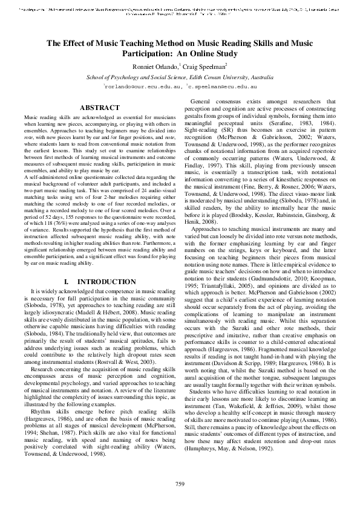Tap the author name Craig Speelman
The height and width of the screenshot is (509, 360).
click(205, 66)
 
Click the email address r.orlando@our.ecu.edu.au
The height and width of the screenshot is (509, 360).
click(142, 87)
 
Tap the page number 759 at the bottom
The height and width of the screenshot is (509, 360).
click(180, 484)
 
